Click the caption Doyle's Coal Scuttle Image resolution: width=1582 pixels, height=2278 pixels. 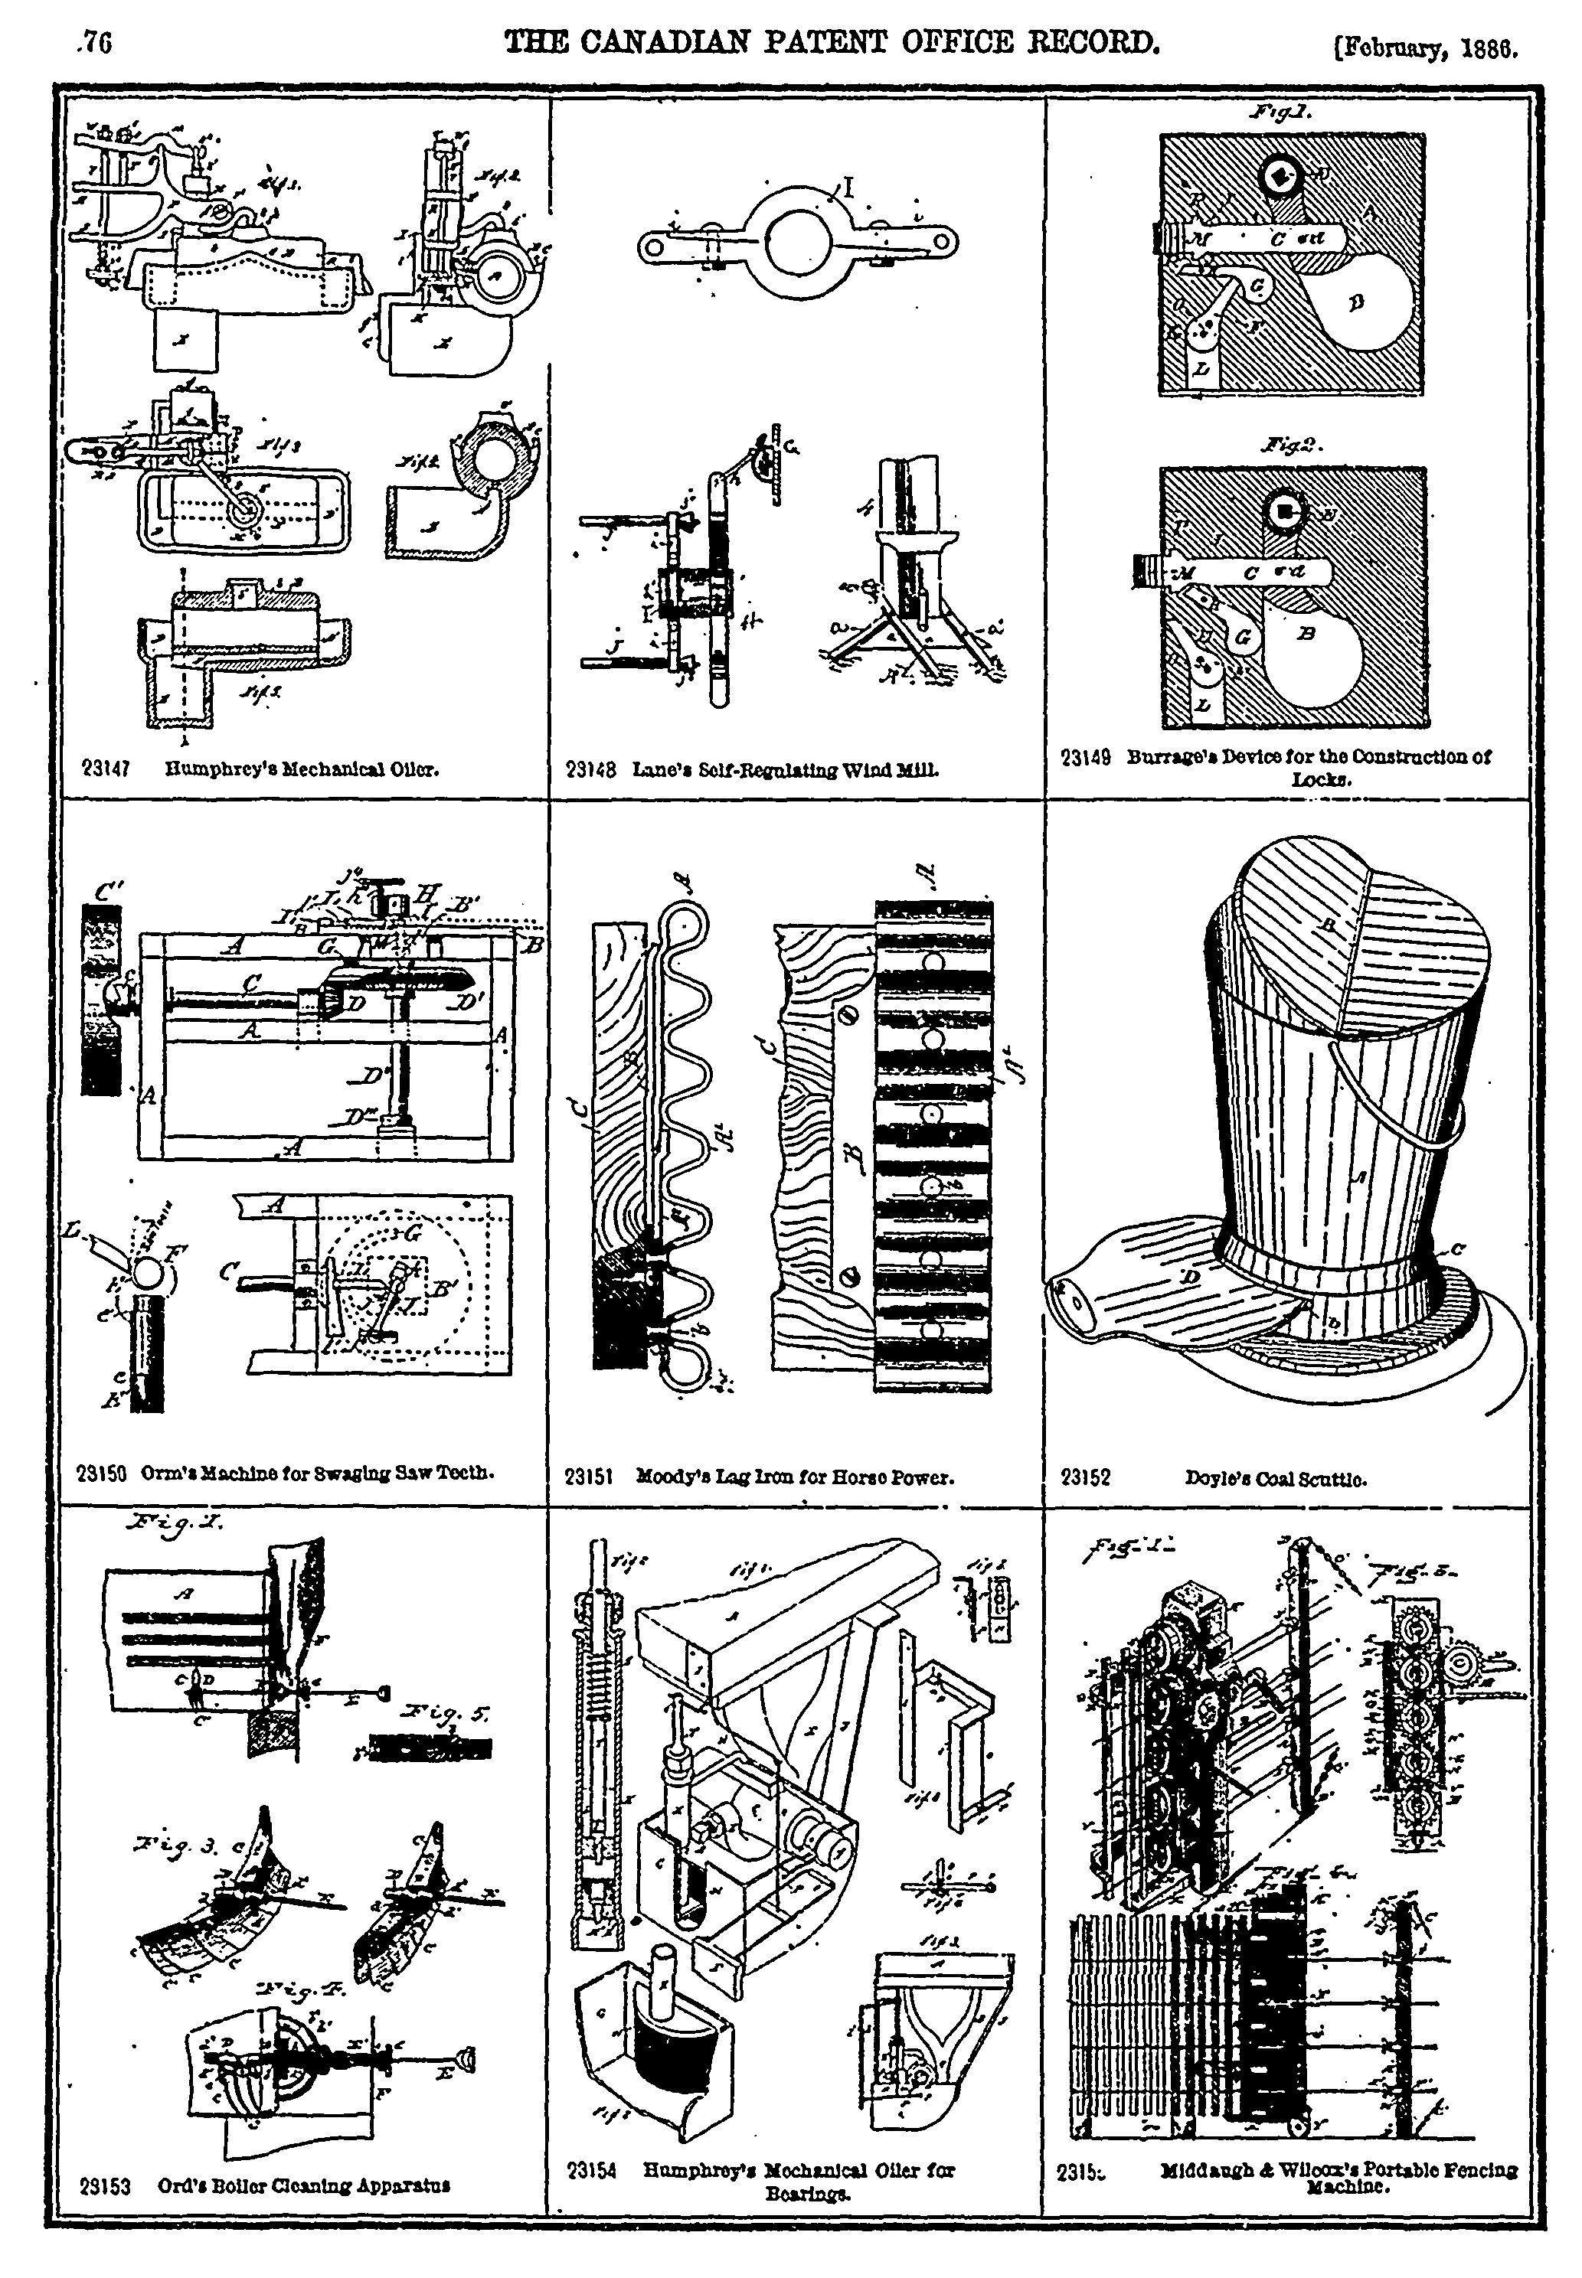1276,1477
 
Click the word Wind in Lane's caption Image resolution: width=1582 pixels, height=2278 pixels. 868,769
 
